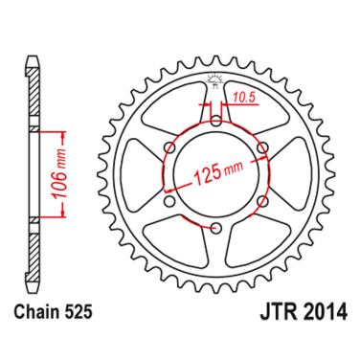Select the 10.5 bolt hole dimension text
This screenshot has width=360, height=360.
[x=242, y=96]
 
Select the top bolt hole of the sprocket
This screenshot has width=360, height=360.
[x=216, y=120]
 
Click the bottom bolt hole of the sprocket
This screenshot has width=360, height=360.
[x=216, y=227]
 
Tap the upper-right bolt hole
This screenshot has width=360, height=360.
[x=263, y=146]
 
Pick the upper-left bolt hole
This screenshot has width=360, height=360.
[x=170, y=146]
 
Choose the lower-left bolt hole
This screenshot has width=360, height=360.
[x=170, y=201]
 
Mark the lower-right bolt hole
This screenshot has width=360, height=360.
[x=263, y=201]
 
